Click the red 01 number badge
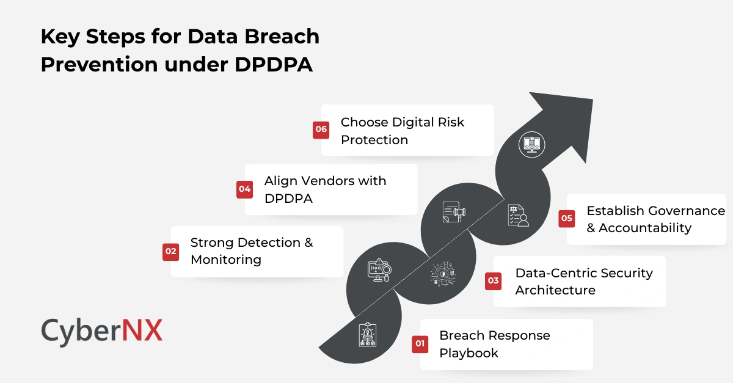420,344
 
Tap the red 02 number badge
170,251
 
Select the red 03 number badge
493,281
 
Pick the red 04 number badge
245,189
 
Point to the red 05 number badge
567,219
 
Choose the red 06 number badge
321,129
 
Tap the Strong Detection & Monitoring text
251,251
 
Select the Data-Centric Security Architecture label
583,281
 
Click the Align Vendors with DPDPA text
325,189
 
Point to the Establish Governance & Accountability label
655,219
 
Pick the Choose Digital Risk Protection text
402,131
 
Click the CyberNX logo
102,332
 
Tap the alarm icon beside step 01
368,334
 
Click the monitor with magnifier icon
379,270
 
